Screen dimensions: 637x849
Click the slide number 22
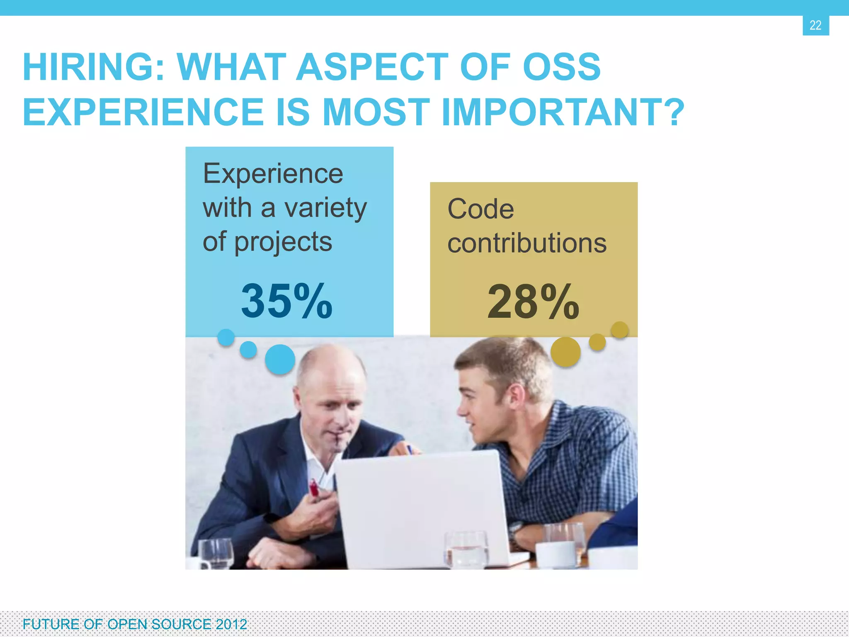pos(815,25)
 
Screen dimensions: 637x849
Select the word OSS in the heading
pos(561,68)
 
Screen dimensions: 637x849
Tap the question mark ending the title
pos(672,112)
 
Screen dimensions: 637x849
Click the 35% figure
pos(287,301)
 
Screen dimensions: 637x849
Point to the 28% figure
pos(533,302)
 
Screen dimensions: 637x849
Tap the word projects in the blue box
pos(283,242)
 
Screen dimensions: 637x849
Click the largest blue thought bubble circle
pos(280,359)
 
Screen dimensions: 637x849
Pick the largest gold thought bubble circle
pos(565,352)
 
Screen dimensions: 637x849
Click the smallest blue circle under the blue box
pos(226,337)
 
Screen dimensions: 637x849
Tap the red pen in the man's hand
pos(314,488)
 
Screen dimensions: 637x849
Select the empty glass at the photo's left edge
pos(216,554)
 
